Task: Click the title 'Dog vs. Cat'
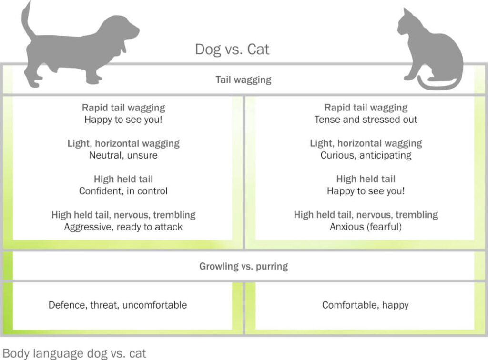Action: (x=232, y=50)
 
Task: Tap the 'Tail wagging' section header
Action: (x=244, y=80)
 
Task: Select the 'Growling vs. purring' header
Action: (x=244, y=266)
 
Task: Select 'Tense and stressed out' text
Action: (x=366, y=120)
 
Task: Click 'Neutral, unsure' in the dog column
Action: (x=123, y=155)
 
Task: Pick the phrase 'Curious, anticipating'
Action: (x=366, y=155)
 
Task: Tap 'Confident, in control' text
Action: (x=123, y=191)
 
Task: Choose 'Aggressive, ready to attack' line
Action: (x=123, y=227)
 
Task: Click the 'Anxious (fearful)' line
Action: (x=366, y=227)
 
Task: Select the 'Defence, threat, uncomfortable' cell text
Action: (x=118, y=305)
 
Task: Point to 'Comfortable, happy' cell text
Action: (x=366, y=305)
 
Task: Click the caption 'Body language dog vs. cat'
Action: (x=74, y=353)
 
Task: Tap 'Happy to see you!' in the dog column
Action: (x=123, y=120)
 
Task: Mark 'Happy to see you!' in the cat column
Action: (x=366, y=191)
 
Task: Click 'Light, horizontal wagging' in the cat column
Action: (x=366, y=143)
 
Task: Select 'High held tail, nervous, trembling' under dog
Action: (x=123, y=215)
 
